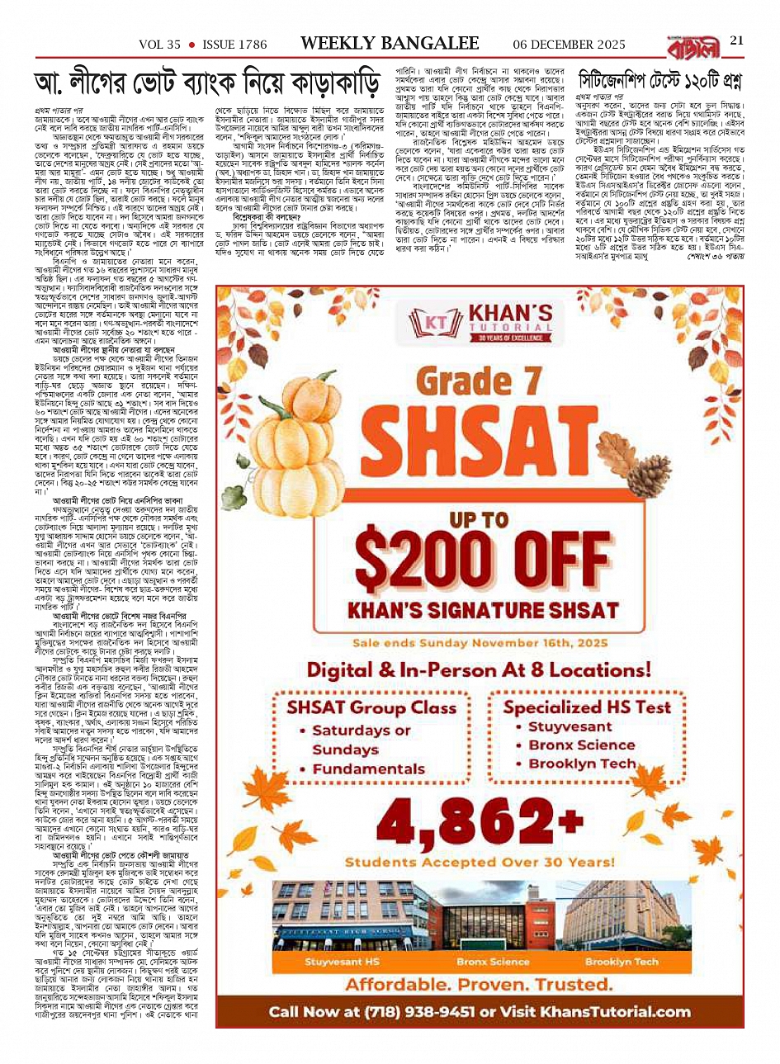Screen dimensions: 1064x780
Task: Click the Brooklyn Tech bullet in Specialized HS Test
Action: pos(593,764)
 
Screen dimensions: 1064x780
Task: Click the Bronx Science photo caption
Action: pos(493,962)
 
